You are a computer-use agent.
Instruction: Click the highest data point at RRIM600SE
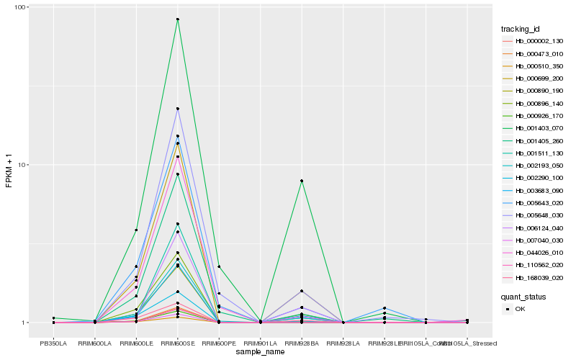(x=178, y=19)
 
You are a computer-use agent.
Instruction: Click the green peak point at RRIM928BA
(x=302, y=181)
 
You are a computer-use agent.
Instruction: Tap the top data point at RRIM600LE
(x=136, y=230)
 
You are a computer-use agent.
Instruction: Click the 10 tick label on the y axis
(x=22, y=165)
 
